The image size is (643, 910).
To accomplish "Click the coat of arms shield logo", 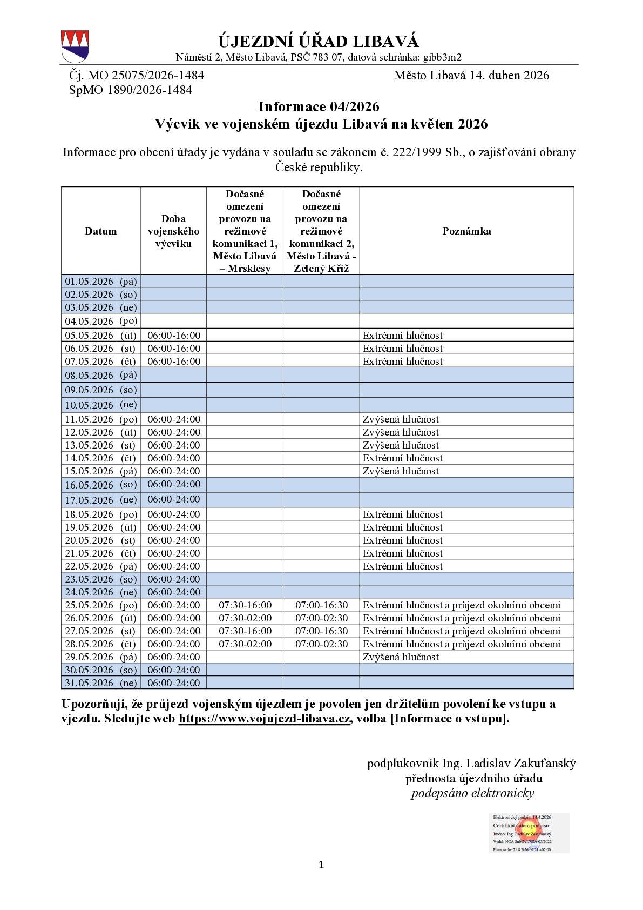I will point(75,46).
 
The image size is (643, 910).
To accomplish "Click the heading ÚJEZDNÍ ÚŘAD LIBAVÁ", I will point(319,42).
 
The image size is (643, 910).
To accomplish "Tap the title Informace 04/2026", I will point(319,106).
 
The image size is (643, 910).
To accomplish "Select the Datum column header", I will point(100,231).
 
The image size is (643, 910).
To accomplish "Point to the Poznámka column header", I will point(466,231).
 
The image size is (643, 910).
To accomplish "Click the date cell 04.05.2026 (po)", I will point(101,321).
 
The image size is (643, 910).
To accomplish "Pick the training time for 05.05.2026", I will point(173,336).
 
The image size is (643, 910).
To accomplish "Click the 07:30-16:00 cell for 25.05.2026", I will point(245,605).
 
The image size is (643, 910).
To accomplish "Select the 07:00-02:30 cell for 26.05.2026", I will point(321,618).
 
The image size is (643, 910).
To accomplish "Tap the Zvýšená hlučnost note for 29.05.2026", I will point(401,657).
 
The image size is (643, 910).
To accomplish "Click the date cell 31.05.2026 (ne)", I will point(101,683).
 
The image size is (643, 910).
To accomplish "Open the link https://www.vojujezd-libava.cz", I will point(265,719).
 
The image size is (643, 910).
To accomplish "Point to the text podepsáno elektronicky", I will point(472,793).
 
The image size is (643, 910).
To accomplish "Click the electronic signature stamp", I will point(529,833).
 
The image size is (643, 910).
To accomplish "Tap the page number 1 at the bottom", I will point(321,865).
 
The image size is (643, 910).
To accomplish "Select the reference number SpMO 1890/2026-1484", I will point(131,90).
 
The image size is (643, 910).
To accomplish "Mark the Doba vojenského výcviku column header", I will point(173,231).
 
